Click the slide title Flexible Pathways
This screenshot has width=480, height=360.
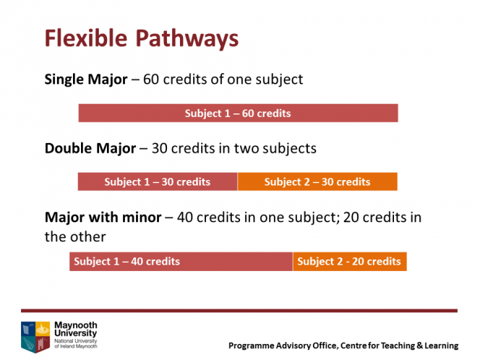[x=142, y=38]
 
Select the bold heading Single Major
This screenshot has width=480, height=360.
[x=86, y=80]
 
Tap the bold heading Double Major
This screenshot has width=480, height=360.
[x=90, y=148]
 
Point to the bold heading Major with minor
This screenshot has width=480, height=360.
[x=103, y=218]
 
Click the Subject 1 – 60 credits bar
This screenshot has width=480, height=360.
[x=238, y=113]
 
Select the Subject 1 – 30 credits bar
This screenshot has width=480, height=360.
[x=158, y=182]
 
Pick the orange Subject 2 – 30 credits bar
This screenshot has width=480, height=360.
[x=317, y=182]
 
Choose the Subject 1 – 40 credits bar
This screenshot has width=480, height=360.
[x=181, y=262]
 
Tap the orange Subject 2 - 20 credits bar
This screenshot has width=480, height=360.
[x=350, y=262]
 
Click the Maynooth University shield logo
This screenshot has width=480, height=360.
[x=35, y=337]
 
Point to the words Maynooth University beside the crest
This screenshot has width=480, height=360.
[x=76, y=329]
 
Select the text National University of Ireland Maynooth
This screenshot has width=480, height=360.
[x=76, y=343]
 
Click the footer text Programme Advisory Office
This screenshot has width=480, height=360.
[x=283, y=346]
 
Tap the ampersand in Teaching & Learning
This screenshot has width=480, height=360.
[x=419, y=346]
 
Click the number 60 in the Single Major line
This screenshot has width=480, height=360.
[x=151, y=80]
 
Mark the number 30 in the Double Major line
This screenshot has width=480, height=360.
[x=160, y=148]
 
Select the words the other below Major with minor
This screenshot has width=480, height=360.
[x=75, y=236]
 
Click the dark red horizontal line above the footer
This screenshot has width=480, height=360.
[x=239, y=311]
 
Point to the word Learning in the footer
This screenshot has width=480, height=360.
[x=442, y=346]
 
